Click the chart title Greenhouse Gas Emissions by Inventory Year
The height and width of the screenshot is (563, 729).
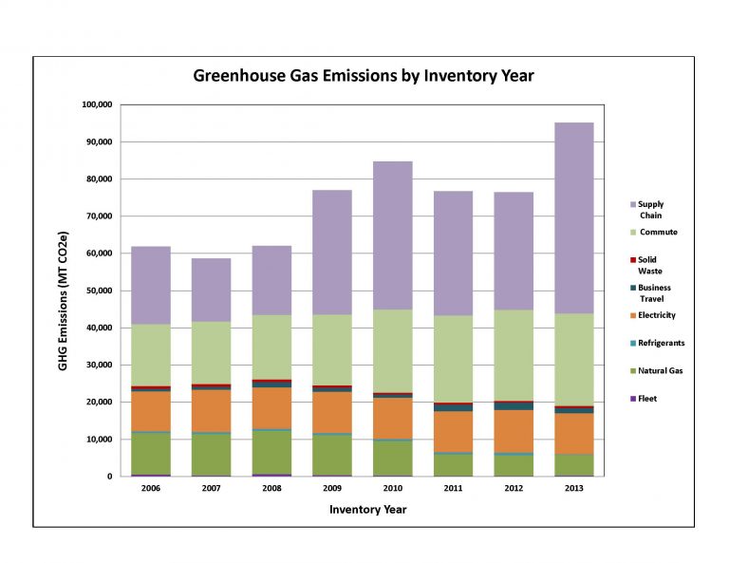pyautogui.click(x=364, y=74)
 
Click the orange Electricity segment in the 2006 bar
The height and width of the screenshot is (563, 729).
pyautogui.click(x=150, y=410)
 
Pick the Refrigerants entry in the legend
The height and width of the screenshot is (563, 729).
pyautogui.click(x=661, y=343)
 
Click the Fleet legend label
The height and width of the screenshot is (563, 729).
pyautogui.click(x=648, y=399)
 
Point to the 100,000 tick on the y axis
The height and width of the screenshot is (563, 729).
pyautogui.click(x=96, y=104)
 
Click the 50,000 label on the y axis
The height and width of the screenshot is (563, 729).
pyautogui.click(x=99, y=291)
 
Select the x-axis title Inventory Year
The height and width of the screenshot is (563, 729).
pyautogui.click(x=368, y=510)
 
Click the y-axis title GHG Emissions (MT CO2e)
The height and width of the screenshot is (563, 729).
pyautogui.click(x=64, y=291)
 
